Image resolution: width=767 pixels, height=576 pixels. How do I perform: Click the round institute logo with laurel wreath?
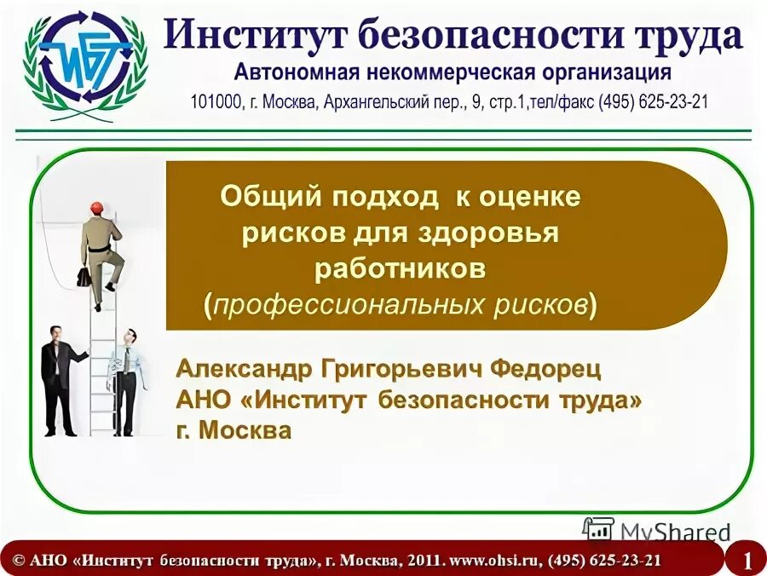[x=83, y=61]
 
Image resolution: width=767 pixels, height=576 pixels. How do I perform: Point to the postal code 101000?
[x=216, y=101]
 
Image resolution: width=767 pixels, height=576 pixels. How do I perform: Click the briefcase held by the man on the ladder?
[x=84, y=277]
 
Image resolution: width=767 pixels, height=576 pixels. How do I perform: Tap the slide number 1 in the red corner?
[x=747, y=561]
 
